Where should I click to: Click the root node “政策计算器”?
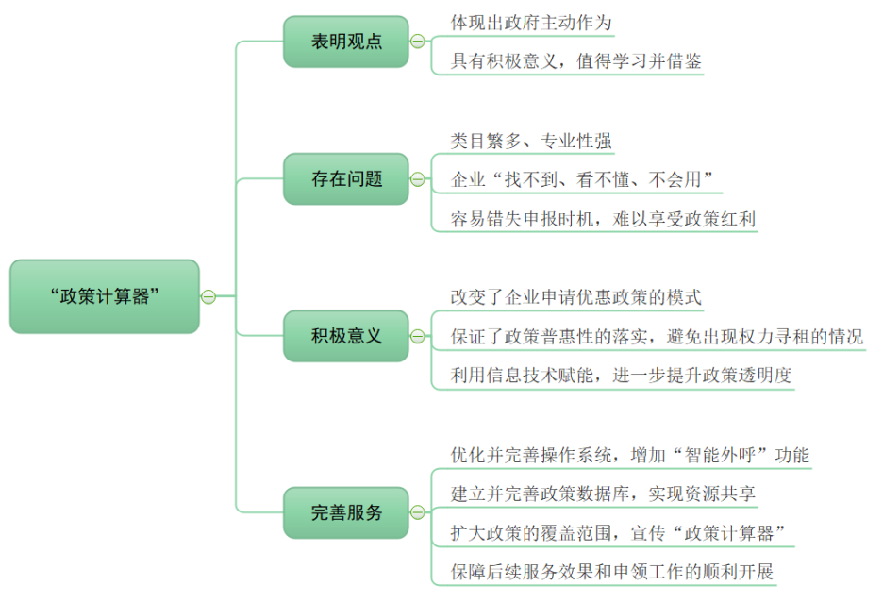(105, 296)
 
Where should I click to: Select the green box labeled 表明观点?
(346, 42)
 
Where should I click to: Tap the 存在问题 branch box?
(346, 178)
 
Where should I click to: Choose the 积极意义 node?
(346, 335)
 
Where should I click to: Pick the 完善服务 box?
(346, 513)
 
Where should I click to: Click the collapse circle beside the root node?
(208, 296)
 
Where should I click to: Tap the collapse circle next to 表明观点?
(417, 42)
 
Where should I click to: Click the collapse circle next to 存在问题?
(417, 178)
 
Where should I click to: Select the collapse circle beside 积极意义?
(417, 335)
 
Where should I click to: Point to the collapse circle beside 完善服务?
(417, 513)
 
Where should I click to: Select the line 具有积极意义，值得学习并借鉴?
(575, 61)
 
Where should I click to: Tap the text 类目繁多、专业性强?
(531, 141)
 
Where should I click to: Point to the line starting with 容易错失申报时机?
(603, 219)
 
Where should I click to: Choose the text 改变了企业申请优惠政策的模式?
(575, 297)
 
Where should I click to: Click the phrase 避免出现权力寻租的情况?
(767, 337)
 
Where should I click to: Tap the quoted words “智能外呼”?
(706, 455)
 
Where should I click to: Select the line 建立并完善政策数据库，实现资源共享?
(603, 494)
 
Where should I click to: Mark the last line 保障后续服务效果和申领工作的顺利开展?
(612, 572)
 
